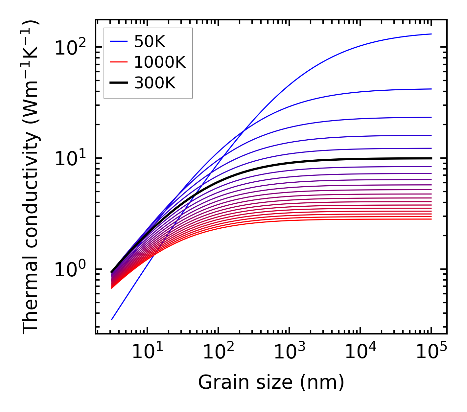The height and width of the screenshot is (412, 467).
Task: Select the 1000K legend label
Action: (160, 62)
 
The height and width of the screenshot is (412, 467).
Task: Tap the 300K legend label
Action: (155, 83)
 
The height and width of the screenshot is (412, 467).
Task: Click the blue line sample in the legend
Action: (118, 41)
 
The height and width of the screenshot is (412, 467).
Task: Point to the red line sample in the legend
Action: (118, 62)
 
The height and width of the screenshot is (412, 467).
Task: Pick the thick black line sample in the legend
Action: (118, 83)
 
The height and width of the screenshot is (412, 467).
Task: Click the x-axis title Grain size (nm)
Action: (271, 383)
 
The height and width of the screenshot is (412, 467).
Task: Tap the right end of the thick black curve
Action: (431, 158)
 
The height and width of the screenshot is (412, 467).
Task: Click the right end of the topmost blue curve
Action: (431, 34)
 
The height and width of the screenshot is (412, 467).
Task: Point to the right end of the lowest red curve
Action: (431, 219)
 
